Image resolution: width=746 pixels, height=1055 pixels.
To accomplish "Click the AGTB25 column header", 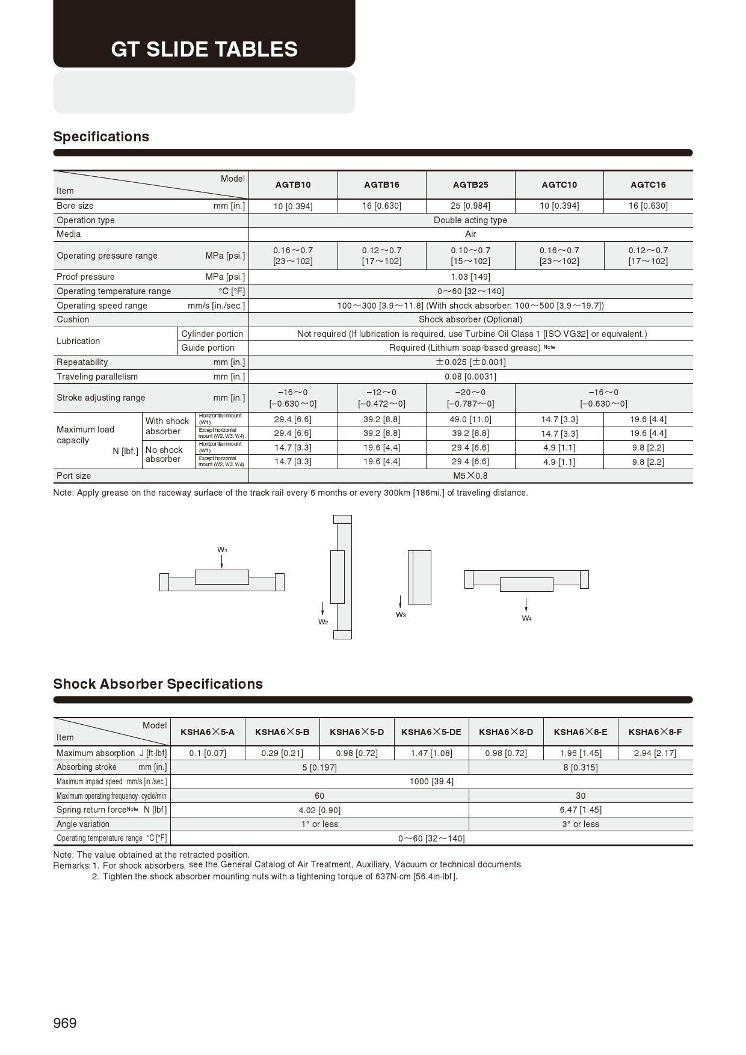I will tap(470, 185).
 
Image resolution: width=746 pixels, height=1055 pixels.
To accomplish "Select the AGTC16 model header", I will tap(648, 185).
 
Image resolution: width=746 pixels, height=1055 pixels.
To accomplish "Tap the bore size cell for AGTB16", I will tap(381, 206).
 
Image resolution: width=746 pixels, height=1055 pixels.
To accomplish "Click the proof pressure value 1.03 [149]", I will tap(470, 277).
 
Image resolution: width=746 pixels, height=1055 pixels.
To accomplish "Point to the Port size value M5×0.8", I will tap(470, 476).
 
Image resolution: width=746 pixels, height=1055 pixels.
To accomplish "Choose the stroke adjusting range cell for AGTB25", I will tap(470, 398).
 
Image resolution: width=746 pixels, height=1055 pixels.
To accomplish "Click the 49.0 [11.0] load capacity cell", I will tap(470, 419).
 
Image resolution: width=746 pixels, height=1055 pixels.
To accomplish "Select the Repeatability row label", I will tap(82, 362).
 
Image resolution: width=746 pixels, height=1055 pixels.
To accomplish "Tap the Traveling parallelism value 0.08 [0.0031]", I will tap(470, 377).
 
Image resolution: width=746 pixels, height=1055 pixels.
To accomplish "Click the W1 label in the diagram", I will tap(222, 550).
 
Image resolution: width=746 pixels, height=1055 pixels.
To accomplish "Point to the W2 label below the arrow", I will tap(323, 622).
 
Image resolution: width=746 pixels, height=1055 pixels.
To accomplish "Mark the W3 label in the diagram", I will tap(401, 615).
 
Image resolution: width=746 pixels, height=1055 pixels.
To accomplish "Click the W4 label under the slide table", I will tap(526, 618).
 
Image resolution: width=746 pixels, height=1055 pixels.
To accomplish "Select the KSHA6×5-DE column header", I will tap(431, 732).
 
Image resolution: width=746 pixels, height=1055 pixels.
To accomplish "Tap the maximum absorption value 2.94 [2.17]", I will tap(655, 753).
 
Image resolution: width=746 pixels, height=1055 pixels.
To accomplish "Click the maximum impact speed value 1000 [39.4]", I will tap(431, 781).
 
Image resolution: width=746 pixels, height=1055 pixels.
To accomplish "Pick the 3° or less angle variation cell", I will tap(581, 824).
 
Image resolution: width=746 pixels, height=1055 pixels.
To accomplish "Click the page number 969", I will tap(65, 1023).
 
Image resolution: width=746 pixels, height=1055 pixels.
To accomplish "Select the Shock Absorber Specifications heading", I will tap(158, 684).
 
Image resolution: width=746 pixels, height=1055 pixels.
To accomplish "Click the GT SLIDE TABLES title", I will tap(204, 49).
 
